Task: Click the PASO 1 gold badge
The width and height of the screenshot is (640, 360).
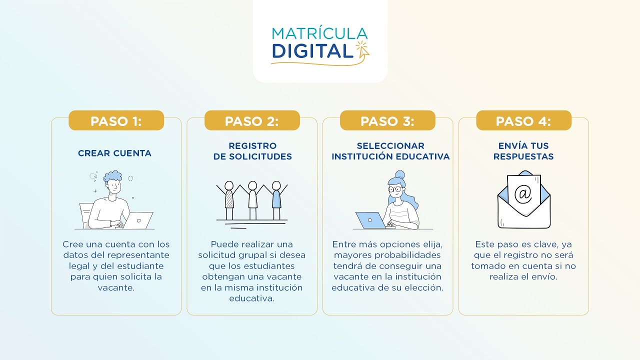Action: click(x=116, y=121)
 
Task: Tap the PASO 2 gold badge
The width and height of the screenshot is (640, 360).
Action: click(x=251, y=121)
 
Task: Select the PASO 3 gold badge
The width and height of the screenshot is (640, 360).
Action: click(x=387, y=121)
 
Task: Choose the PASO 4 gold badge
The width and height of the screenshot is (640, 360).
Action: click(x=523, y=121)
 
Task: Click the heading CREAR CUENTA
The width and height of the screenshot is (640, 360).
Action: click(x=114, y=153)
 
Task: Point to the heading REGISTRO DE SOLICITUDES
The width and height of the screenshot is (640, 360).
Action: click(x=252, y=151)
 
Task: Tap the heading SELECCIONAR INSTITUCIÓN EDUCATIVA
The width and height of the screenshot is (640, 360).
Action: click(x=390, y=151)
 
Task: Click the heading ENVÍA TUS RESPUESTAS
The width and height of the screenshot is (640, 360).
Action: click(x=523, y=151)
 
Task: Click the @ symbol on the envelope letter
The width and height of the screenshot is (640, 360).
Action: click(x=523, y=193)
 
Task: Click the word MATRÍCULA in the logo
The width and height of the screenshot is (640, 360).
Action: click(x=319, y=33)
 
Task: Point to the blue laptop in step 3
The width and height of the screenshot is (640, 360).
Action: click(x=370, y=220)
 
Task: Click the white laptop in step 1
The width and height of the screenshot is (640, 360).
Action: click(x=138, y=220)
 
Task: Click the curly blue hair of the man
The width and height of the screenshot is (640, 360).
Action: click(x=112, y=176)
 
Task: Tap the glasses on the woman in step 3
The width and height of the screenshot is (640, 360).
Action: click(x=394, y=189)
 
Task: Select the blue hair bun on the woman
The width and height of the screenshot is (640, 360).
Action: click(x=399, y=175)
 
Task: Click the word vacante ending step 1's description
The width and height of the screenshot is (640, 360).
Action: click(x=116, y=287)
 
